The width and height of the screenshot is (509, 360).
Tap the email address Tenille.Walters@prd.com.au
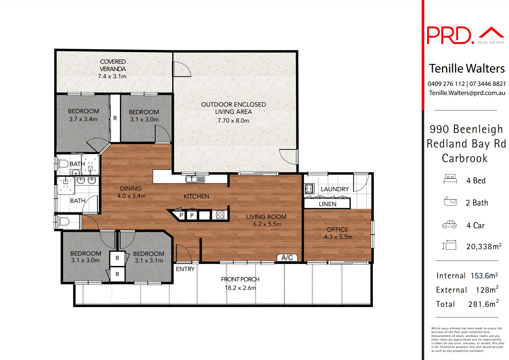point(467,93)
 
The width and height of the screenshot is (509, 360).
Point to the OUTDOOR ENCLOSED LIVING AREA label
point(233,108)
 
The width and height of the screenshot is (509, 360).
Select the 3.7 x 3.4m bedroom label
point(83,115)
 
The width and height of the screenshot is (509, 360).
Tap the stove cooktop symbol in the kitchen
point(220,215)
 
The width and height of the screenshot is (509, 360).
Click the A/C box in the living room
point(287,258)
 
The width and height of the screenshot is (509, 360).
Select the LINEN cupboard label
point(327,204)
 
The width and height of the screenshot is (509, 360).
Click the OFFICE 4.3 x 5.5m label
point(338,233)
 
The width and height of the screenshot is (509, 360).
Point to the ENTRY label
point(185,269)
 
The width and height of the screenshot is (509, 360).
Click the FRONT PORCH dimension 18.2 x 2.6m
point(240,288)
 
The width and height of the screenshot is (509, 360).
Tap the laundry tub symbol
point(309,188)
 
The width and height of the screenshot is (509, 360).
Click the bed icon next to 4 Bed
point(450,179)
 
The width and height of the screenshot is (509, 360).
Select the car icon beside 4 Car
point(449,225)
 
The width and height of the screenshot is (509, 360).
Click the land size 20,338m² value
point(484,246)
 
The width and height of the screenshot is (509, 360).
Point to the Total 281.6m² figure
point(483,304)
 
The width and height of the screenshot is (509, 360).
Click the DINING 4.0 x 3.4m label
point(131,192)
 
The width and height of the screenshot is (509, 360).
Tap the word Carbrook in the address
point(464,158)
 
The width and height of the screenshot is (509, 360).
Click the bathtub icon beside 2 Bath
point(450,201)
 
